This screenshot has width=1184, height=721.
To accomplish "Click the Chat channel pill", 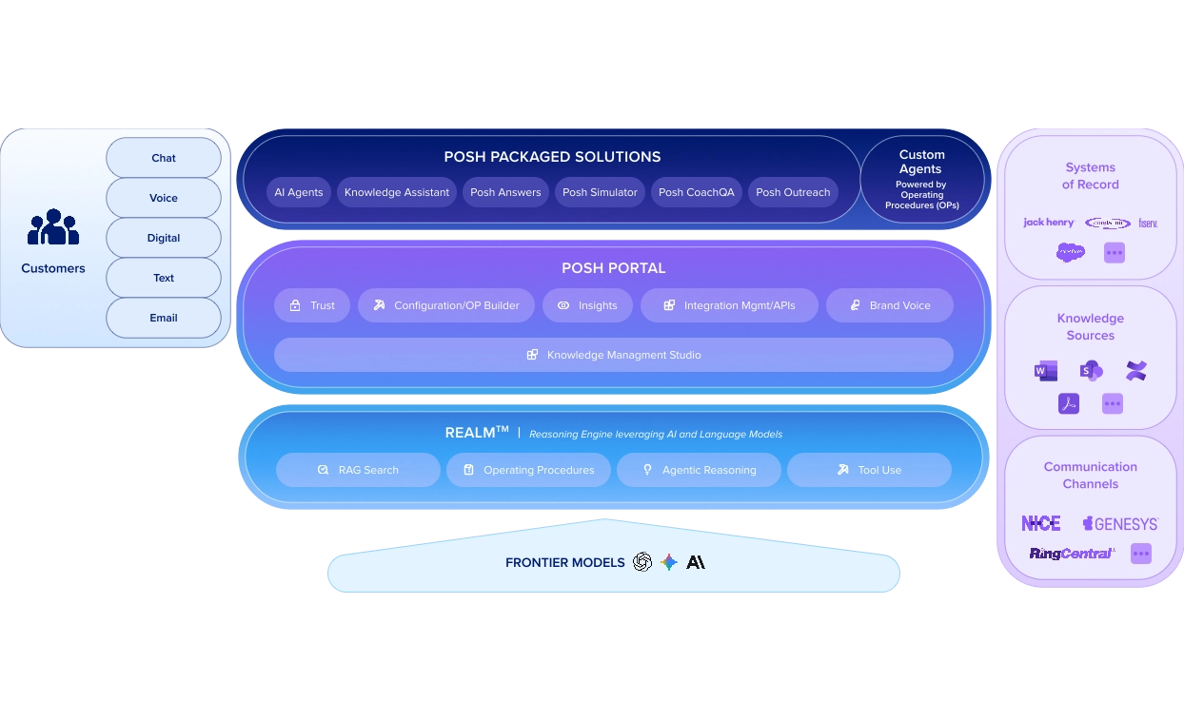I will point(164,158).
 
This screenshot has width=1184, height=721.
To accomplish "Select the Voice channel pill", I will point(164,198).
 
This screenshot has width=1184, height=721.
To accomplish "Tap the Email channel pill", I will point(164,318).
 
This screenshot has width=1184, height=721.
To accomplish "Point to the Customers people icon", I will point(53,228).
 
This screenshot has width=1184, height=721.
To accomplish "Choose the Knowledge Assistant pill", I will point(397,192).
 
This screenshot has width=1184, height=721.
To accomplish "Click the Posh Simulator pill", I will point(600,192).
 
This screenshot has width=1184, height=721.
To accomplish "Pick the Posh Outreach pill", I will point(793,192).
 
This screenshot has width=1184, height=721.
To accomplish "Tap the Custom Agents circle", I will point(921,179).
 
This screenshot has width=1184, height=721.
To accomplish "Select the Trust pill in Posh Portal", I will point(312,305).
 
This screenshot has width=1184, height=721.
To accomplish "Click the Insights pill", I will point(587,305).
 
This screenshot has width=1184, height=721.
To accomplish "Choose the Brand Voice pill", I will point(890,305).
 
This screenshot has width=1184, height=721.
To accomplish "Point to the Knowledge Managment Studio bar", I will point(614,355).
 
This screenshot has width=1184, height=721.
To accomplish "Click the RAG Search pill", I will point(358,470).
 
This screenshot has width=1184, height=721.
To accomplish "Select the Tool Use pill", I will point(869,470).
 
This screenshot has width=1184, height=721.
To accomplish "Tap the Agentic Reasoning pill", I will point(699,470).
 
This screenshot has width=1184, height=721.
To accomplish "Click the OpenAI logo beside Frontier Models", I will point(642,562).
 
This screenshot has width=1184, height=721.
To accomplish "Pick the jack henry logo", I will point(1048,223).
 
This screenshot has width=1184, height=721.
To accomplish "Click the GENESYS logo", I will point(1120,524).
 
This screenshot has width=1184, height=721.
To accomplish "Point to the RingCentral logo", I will point(1071,554).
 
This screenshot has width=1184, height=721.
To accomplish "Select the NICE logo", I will point(1040,524).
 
